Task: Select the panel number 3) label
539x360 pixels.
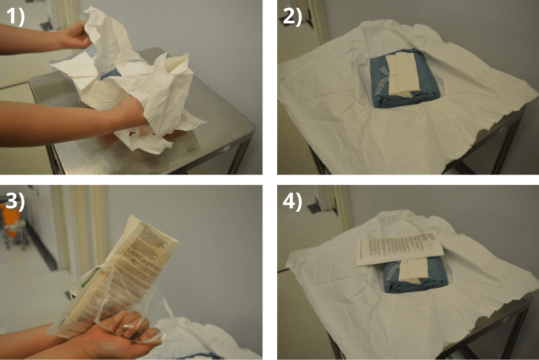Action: [15, 201]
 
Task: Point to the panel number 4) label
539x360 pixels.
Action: [292, 201]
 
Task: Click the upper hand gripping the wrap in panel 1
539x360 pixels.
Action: [77, 36]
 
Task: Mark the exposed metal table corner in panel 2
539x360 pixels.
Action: [514, 118]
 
